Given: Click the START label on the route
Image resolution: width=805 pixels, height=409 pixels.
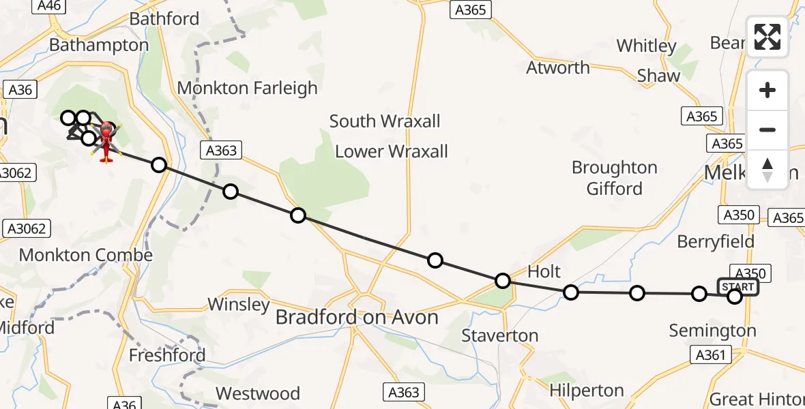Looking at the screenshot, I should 737,287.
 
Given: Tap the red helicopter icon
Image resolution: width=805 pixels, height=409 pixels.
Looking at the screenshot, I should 106,141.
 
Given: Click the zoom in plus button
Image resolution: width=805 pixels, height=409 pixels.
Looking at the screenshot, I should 767,90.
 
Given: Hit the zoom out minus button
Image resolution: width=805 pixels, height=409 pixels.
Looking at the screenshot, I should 767,130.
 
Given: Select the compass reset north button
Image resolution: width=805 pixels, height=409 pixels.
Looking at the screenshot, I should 767,169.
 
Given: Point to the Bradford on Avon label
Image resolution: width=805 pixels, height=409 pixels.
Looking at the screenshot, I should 356,318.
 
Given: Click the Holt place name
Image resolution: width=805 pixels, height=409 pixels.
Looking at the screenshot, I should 544,271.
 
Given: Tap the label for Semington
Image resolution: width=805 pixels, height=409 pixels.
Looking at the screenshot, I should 712,331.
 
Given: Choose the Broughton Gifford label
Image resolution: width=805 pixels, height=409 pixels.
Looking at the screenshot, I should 614,177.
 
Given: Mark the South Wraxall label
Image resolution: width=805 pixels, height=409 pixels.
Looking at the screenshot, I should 385,121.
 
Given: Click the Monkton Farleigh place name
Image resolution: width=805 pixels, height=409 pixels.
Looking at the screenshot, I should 247,88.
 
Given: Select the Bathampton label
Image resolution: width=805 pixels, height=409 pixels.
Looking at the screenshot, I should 99,46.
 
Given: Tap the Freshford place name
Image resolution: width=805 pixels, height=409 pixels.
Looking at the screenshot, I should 167,355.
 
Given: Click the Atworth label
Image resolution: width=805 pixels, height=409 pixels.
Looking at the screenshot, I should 558,67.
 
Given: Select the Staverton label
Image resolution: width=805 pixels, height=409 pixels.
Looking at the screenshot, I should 499,335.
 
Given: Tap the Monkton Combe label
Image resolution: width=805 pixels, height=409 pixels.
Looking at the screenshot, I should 85,255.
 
